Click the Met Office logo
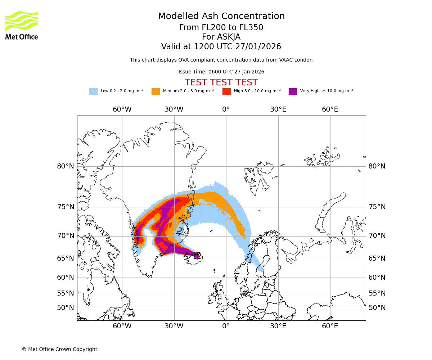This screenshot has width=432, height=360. (22, 25)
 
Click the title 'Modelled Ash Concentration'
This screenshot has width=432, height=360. (221, 17)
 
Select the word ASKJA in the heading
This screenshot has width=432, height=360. (229, 37)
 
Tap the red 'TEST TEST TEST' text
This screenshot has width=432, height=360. (221, 83)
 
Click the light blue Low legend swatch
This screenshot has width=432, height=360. (93, 91)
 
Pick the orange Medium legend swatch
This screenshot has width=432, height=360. (156, 91)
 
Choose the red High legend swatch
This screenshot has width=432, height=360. (226, 91)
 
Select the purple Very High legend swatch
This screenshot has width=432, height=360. (293, 91)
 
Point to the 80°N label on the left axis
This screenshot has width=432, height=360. (66, 166)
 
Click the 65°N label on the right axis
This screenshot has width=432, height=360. (377, 258)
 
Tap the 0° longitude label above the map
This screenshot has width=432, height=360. (226, 109)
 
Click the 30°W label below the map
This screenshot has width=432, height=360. (174, 326)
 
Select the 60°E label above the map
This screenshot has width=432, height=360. (330, 109)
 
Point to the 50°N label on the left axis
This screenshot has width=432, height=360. (66, 308)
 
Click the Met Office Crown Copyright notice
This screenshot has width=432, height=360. (59, 350)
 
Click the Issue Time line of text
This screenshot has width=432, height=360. (221, 72)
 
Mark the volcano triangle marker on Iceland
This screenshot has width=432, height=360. (197, 257)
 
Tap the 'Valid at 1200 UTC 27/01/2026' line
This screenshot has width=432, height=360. (221, 47)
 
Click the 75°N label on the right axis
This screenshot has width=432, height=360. (377, 207)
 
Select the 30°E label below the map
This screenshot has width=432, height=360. (278, 326)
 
